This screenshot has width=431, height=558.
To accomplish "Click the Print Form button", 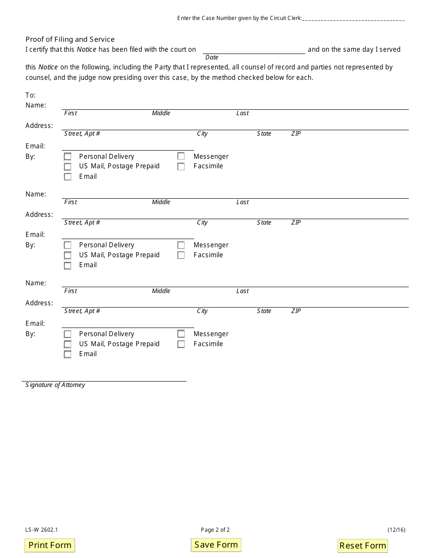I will coord(50,545).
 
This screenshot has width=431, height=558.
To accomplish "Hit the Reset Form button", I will coord(362,545).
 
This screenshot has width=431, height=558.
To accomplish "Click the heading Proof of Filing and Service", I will coord(70,39).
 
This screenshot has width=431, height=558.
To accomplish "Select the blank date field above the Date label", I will coord(254,49).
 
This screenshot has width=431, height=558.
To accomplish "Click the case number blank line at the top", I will coord(353,19).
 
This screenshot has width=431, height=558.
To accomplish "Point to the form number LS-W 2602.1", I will coord(42,529).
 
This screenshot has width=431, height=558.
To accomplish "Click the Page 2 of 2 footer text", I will coord(215,529).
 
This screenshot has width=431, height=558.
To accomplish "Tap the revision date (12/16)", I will coord(396,529).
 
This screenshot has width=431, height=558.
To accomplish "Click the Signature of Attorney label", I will coord(55,385).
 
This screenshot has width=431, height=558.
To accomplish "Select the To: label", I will coord(30,95).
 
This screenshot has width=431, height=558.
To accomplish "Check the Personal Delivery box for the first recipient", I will coord(68,157).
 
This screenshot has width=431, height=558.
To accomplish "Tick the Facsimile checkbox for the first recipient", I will coord(181,166).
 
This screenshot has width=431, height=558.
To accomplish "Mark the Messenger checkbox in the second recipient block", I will coord(181,245).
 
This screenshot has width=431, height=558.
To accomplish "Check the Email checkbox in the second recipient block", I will coord(68,265).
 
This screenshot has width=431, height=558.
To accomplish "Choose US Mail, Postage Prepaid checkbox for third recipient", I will coord(68,344).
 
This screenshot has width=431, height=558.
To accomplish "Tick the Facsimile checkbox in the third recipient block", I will coord(181,344).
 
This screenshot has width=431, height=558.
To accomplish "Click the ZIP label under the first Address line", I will coord(296,134).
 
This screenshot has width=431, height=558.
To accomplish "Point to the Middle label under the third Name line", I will coord(161,291).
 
